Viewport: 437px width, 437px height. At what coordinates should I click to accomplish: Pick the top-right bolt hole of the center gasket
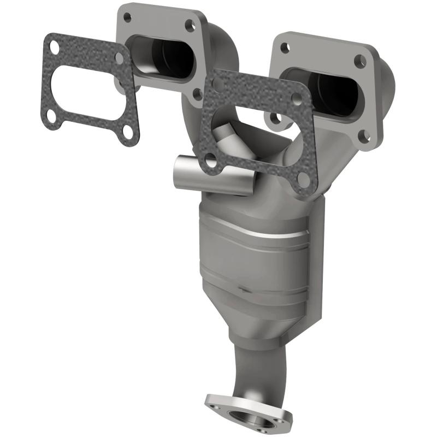(296, 98)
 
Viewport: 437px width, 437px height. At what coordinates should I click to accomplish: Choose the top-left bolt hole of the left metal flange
(127, 17)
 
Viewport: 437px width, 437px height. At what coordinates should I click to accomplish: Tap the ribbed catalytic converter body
(257, 257)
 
